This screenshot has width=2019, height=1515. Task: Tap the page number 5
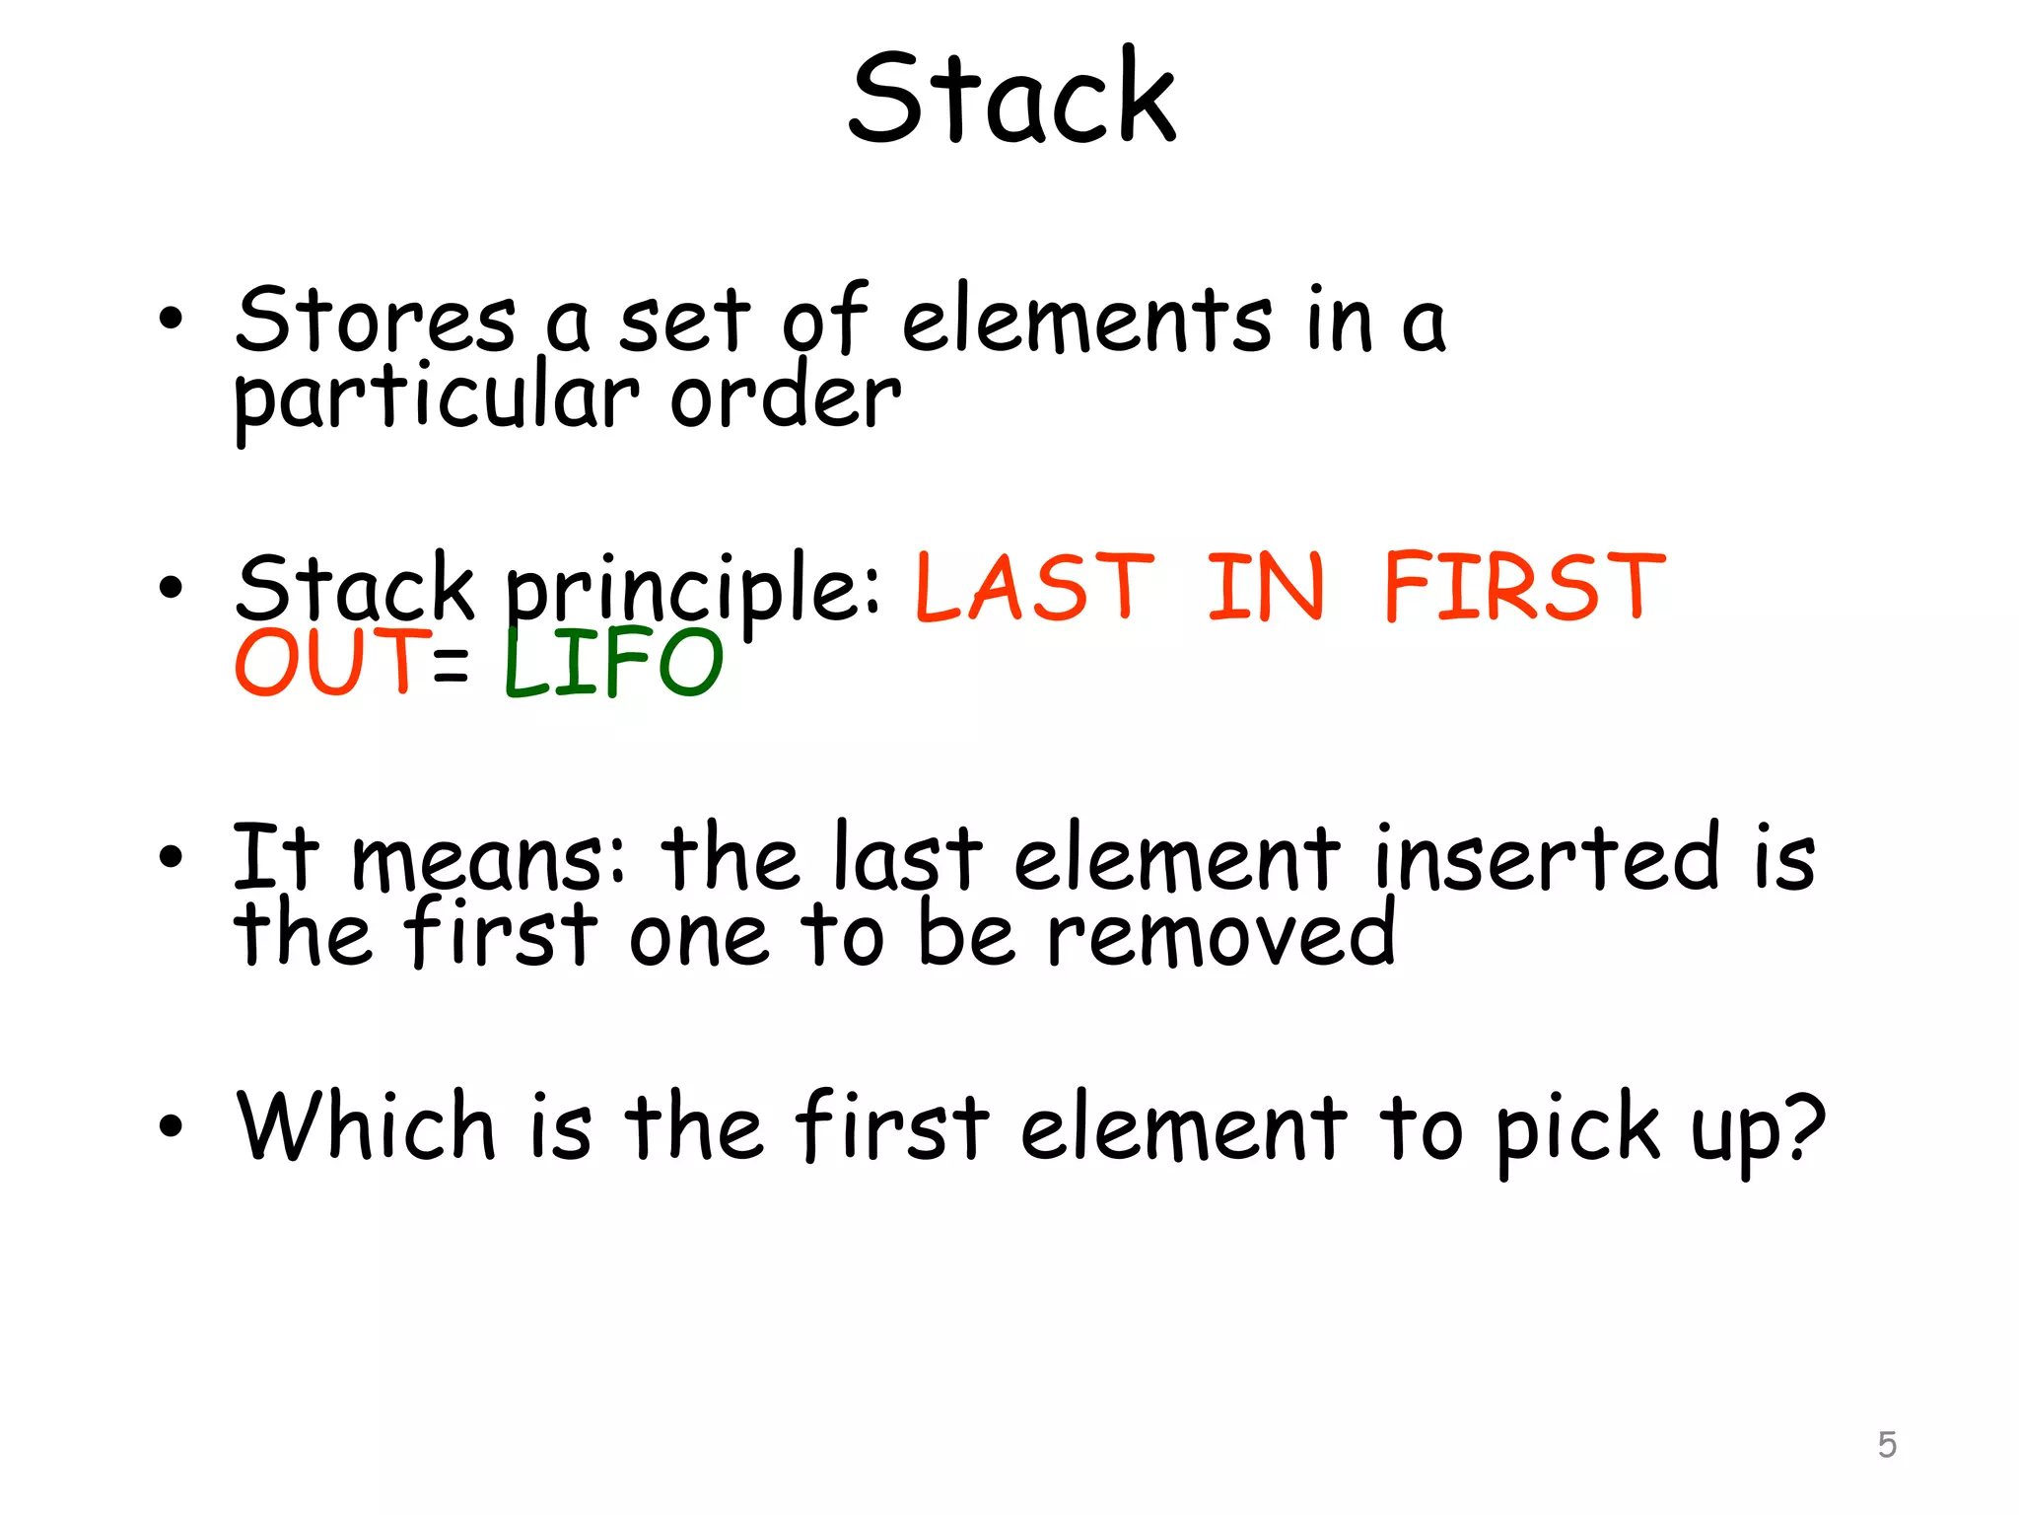(1887, 1445)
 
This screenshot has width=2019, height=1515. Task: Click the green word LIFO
(613, 662)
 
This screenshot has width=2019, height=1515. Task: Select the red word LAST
(1034, 588)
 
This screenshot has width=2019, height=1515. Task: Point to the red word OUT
(331, 662)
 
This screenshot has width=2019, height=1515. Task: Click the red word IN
(1266, 588)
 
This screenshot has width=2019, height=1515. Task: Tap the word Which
(366, 1126)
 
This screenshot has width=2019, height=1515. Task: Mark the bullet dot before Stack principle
(171, 588)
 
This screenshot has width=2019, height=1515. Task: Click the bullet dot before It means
(171, 857)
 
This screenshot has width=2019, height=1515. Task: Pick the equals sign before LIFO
(451, 664)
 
